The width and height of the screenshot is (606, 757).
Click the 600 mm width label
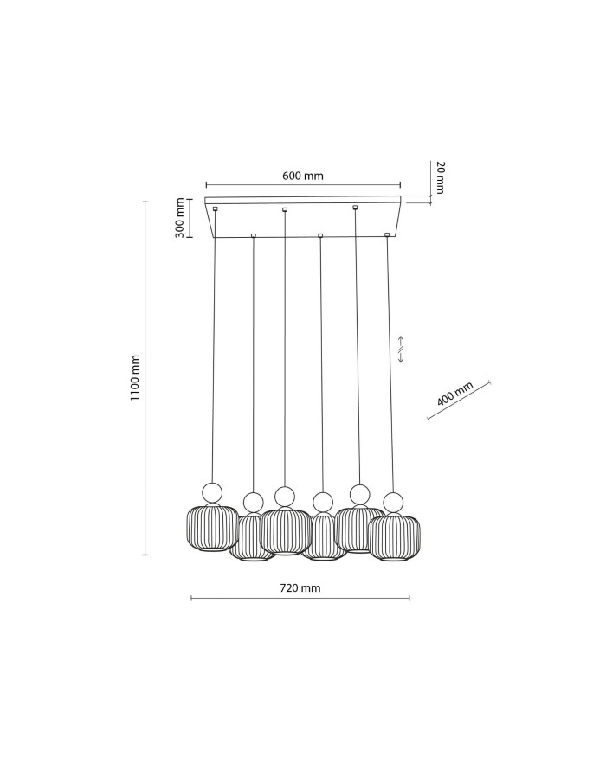(x=303, y=176)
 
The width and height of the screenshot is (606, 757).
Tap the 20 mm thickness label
(x=440, y=177)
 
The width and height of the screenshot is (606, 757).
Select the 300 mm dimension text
(x=179, y=217)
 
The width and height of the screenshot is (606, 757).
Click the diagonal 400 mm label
(x=455, y=395)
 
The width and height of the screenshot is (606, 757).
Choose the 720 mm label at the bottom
(x=300, y=587)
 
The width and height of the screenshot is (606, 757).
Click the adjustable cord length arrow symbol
(x=401, y=349)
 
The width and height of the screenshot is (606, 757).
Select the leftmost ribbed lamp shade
(x=212, y=529)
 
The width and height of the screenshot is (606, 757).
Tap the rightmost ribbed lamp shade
(x=395, y=537)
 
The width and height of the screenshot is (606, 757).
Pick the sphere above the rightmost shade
(x=394, y=502)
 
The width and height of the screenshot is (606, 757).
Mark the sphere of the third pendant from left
(x=285, y=497)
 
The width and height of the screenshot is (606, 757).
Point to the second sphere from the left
(x=253, y=502)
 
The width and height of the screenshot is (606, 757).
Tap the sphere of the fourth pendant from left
(x=323, y=502)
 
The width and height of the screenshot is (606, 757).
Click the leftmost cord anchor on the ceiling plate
(x=215, y=208)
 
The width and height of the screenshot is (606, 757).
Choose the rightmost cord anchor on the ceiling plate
(x=387, y=234)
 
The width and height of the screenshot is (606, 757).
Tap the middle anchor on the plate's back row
(x=285, y=209)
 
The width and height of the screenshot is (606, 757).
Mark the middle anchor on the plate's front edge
(x=320, y=235)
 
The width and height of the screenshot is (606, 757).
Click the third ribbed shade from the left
(x=285, y=532)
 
